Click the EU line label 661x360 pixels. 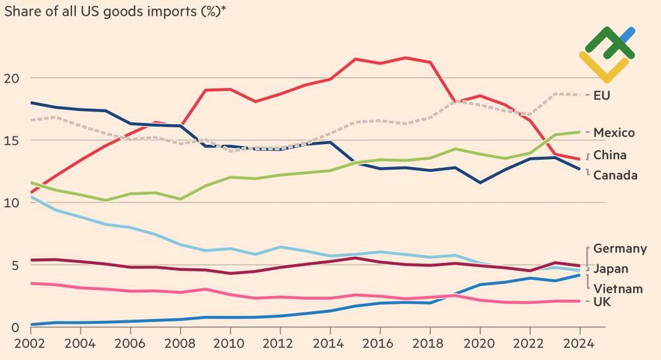point(602,96)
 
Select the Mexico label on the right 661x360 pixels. point(614,133)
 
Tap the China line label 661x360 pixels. point(609,155)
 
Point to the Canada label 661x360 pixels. point(615,175)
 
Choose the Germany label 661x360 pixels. point(620,248)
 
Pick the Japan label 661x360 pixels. point(611,269)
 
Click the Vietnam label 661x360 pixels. point(617,289)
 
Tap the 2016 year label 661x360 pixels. point(379,344)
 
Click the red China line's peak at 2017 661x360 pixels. point(405,57)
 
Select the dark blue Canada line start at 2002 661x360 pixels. point(32,103)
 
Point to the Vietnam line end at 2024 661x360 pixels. point(579,275)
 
